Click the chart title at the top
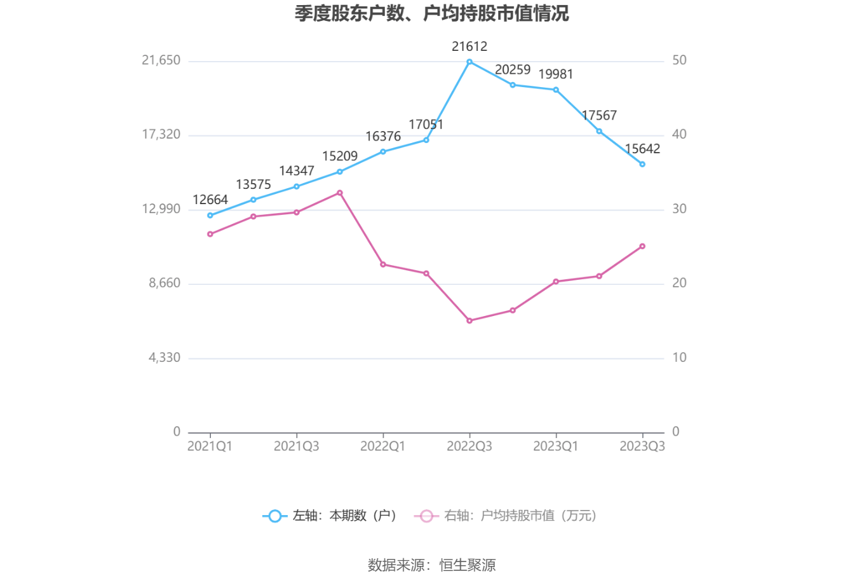(431, 13)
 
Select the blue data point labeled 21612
(469, 62)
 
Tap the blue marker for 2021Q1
(210, 215)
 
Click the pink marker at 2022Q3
(469, 320)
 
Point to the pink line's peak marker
(340, 193)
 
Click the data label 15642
(642, 149)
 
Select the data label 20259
(513, 69)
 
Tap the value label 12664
(210, 200)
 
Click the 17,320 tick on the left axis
(161, 134)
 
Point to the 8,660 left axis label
(165, 283)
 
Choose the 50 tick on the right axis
(679, 60)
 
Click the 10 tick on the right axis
(679, 357)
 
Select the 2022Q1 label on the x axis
(383, 446)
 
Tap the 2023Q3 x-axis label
(642, 446)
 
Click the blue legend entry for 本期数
(330, 516)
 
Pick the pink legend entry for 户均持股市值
(506, 516)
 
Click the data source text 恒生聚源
(468, 565)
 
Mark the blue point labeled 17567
(599, 131)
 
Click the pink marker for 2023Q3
(642, 246)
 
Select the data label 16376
(383, 136)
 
